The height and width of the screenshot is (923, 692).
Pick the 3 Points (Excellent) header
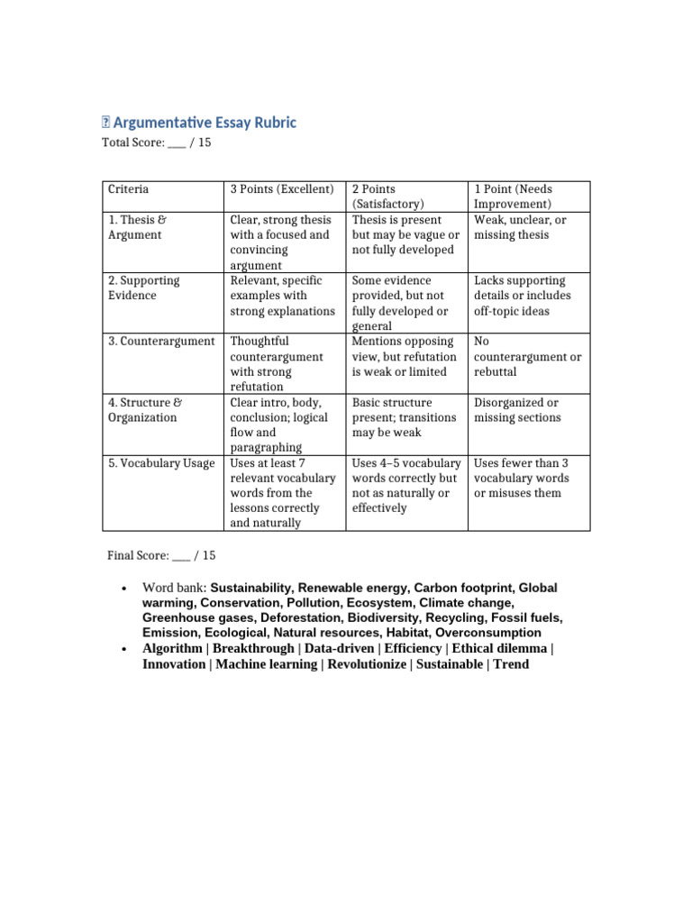[282, 189]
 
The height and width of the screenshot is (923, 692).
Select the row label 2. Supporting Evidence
[144, 288]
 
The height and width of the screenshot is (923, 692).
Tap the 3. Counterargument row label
[161, 341]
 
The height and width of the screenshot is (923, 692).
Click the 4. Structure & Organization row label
[142, 409]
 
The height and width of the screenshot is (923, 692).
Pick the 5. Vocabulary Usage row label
[161, 462]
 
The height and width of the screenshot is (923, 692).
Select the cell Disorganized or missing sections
[516, 409]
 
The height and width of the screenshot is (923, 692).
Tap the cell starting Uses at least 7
[282, 492]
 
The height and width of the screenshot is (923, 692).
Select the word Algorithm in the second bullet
[173, 649]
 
